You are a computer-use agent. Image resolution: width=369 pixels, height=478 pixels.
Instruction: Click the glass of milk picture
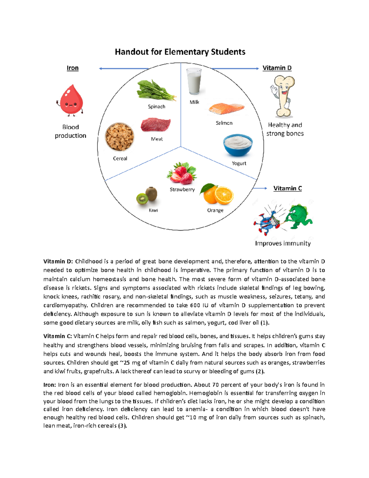pyautogui.click(x=194, y=81)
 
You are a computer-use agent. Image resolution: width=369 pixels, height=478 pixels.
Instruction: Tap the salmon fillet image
pyautogui.click(x=226, y=109)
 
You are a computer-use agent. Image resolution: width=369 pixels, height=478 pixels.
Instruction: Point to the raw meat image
pyautogui.click(x=156, y=125)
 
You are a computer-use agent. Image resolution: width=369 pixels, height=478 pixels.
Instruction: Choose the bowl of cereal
pyautogui.click(x=120, y=137)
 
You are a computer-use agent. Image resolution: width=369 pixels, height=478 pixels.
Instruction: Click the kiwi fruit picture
pyautogui.click(x=147, y=196)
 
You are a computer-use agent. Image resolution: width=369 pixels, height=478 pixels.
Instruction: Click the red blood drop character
pyautogui.click(x=71, y=101)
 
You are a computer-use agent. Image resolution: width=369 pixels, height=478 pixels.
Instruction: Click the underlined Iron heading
pyautogui.click(x=73, y=68)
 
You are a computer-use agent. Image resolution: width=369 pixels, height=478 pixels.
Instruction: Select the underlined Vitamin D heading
pyautogui.click(x=277, y=68)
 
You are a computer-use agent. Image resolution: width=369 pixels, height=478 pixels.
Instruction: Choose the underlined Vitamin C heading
pyautogui.click(x=288, y=188)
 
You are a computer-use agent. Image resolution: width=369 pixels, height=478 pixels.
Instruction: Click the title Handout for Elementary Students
pyautogui.click(x=180, y=52)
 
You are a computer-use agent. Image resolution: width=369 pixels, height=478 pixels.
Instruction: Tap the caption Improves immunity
pyautogui.click(x=283, y=243)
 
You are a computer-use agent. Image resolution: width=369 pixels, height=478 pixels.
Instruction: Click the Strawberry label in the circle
pyautogui.click(x=182, y=190)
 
